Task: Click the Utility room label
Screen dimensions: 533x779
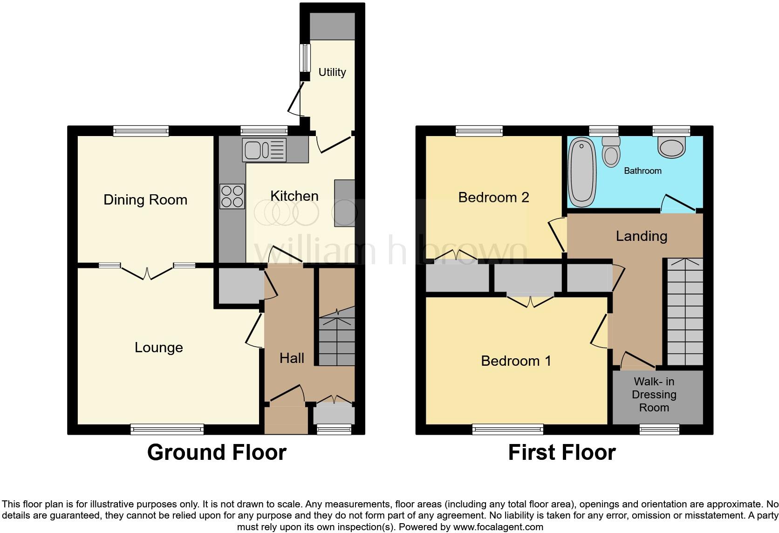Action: click(x=332, y=72)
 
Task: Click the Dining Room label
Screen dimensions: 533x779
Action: click(x=145, y=200)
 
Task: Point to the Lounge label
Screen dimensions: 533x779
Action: click(x=158, y=348)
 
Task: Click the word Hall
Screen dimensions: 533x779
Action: click(x=292, y=358)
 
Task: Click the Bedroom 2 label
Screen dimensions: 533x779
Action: click(x=493, y=198)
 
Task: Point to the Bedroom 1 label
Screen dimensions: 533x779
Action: click(x=516, y=361)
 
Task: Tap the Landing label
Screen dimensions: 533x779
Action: click(x=641, y=236)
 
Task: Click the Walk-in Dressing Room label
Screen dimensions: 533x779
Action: click(x=654, y=395)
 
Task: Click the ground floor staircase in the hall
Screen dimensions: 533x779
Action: click(x=337, y=338)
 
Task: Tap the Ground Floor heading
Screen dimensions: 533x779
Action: click(x=217, y=452)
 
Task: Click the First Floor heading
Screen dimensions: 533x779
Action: click(x=561, y=452)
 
